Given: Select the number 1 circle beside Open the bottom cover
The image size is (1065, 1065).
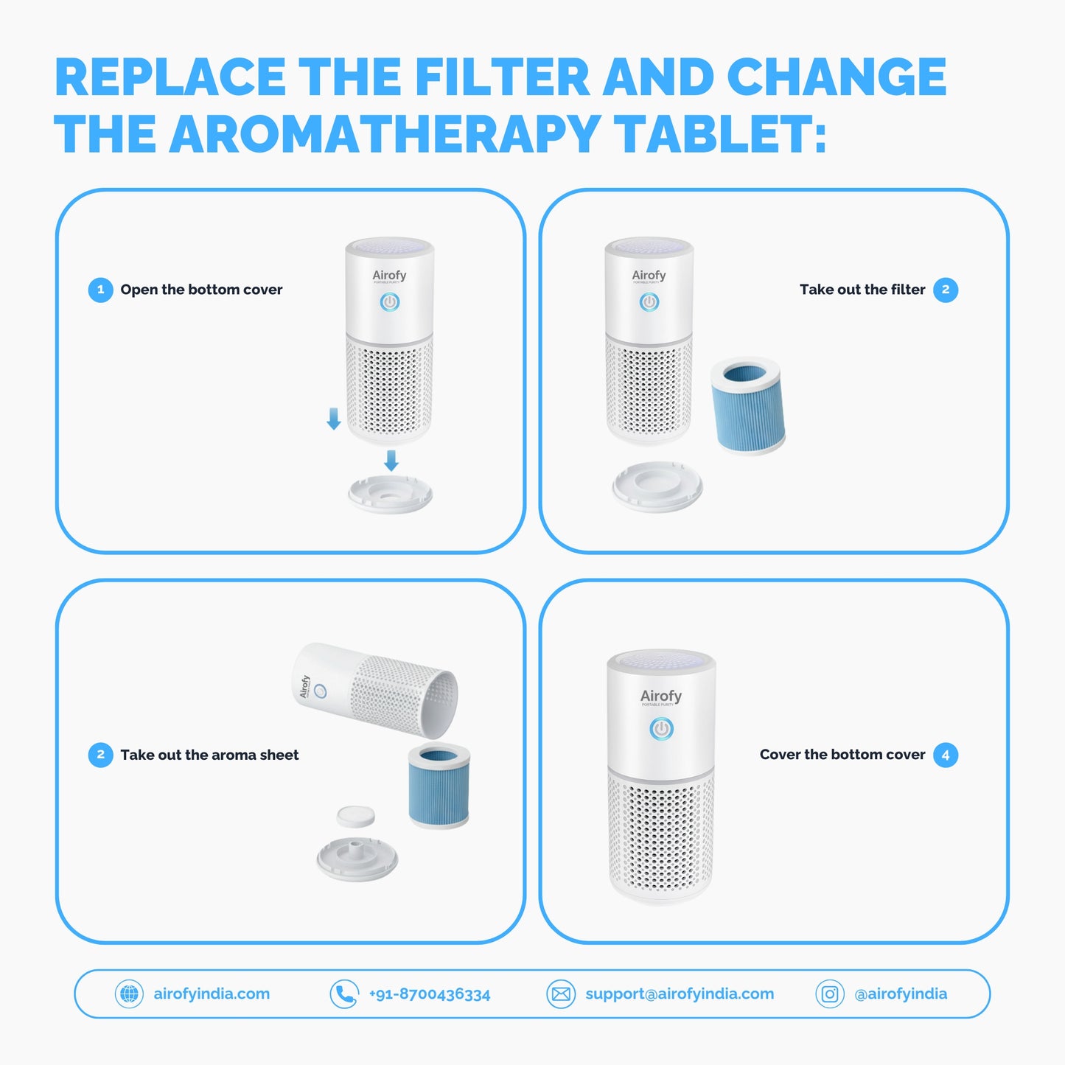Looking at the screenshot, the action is [x=100, y=290].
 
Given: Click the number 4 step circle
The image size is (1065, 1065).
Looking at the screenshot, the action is [x=946, y=755].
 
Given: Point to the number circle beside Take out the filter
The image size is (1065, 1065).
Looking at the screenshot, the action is [x=946, y=290].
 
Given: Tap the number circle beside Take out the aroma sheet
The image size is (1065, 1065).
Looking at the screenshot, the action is [x=100, y=755].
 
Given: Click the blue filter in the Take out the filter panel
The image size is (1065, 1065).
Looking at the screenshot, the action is [x=747, y=405].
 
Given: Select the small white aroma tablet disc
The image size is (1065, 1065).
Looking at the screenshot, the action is [x=355, y=817].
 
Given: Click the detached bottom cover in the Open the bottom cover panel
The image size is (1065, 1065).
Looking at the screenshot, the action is [x=390, y=494].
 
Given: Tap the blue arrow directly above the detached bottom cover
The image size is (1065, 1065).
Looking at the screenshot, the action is [x=391, y=461].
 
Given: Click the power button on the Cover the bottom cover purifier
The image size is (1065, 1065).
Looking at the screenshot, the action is [x=662, y=728].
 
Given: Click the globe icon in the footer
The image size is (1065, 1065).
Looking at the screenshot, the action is [x=129, y=994].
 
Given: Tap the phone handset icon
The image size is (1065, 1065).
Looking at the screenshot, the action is [x=344, y=994].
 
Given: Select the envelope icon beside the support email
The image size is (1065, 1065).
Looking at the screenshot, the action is [x=561, y=994].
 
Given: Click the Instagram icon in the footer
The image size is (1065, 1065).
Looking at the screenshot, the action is [x=830, y=994].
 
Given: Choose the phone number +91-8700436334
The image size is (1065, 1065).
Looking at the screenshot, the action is [x=430, y=994].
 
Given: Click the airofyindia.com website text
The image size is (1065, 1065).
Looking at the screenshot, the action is [x=212, y=994].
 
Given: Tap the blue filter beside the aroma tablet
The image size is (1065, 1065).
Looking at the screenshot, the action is [x=439, y=786].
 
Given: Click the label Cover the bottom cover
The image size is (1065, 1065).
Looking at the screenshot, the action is [x=842, y=755].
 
